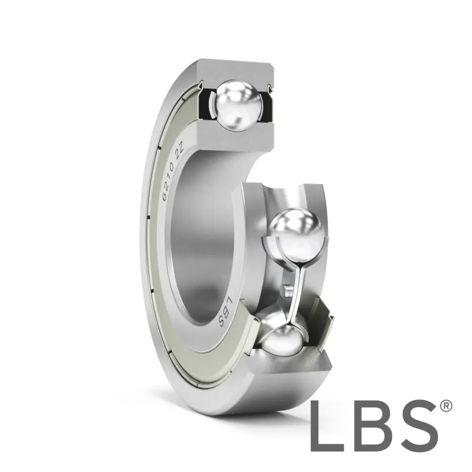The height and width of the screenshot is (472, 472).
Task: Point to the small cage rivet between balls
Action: tap(287, 290)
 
